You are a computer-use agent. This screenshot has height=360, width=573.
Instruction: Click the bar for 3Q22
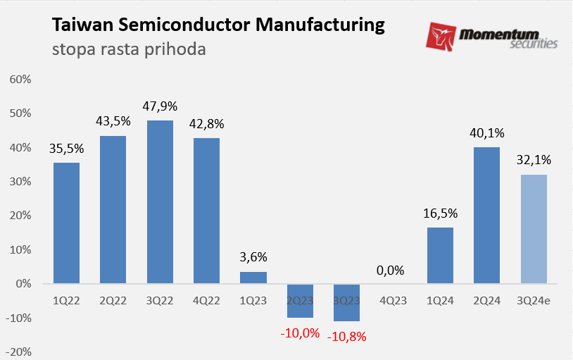pyautogui.click(x=160, y=202)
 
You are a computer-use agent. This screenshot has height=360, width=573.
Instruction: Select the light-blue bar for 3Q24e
pyautogui.click(x=534, y=229)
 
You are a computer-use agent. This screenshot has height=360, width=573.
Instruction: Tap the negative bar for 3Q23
pyautogui.click(x=346, y=302)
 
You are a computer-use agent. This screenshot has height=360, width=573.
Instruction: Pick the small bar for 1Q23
pyautogui.click(x=253, y=278)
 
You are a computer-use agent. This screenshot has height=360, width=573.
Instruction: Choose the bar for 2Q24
pyautogui.click(x=486, y=215)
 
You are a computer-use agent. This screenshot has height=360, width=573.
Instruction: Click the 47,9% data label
pyautogui.click(x=160, y=106)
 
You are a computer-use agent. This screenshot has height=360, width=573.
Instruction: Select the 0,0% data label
pyautogui.click(x=393, y=270)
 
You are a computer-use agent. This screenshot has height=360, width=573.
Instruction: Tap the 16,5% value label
pyautogui.click(x=440, y=213)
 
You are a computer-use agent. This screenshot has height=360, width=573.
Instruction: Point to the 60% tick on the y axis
pyautogui.click(x=20, y=79)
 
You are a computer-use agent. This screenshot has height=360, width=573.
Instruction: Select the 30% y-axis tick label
pyautogui.click(x=20, y=181)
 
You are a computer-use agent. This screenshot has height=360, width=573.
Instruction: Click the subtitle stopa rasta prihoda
pyautogui.click(x=129, y=50)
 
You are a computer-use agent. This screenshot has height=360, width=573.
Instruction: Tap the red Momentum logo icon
pyautogui.click(x=441, y=37)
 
